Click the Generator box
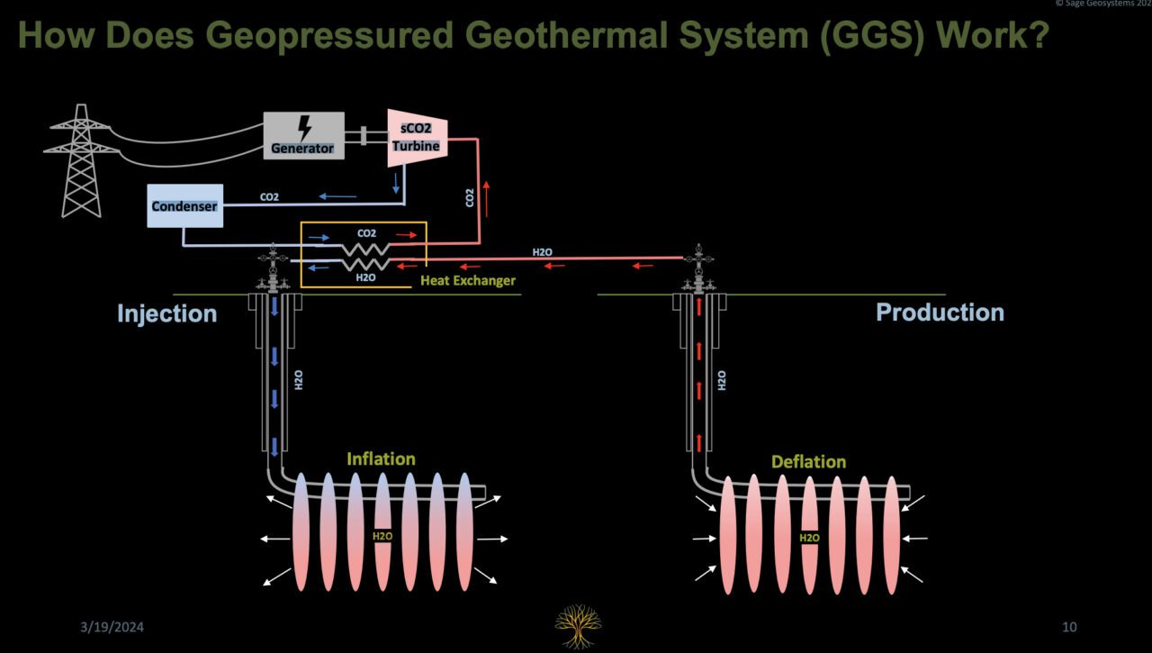pos(303,136)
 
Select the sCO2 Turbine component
pos(418,138)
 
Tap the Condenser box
pos(184,206)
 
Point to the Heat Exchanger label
pos(468,281)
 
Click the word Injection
pos(166,313)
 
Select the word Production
pos(940,313)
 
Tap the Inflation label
pos(381,459)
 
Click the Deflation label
pos(808,462)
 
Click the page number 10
pos(1068,627)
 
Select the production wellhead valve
pos(698,270)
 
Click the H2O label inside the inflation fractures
pos(382,538)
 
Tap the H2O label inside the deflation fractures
pos(809,539)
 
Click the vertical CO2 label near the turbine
pos(470,198)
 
